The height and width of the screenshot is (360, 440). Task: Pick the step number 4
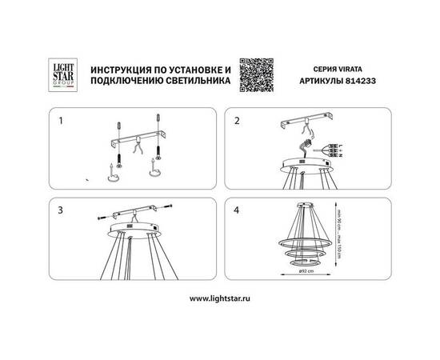tap(236, 210)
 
